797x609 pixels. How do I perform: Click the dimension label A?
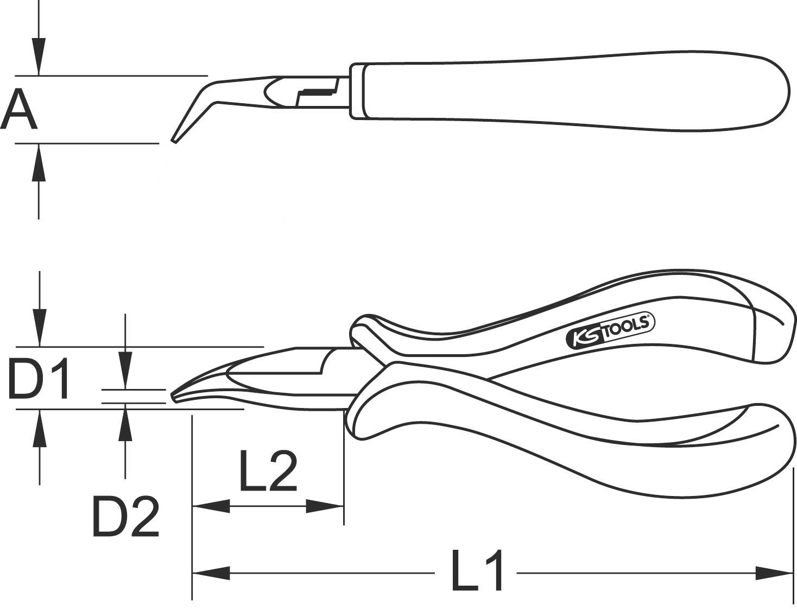(x=19, y=109)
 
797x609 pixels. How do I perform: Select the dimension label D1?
(x=39, y=378)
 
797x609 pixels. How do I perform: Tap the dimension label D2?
(x=126, y=516)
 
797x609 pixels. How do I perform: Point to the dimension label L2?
(x=268, y=470)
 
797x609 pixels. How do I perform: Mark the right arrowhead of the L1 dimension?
(x=774, y=572)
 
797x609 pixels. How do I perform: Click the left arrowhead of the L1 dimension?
(x=211, y=572)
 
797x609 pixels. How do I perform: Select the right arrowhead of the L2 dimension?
(x=325, y=506)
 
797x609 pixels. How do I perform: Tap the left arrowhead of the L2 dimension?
(x=211, y=506)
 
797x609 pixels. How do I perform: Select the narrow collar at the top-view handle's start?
(x=356, y=91)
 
